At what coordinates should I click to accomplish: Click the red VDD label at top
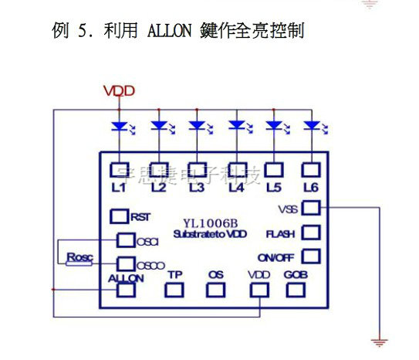tap(120, 91)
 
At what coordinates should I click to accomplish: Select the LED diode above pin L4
tap(236, 124)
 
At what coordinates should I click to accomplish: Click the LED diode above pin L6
tap(310, 124)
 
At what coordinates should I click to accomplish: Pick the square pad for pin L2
tap(158, 169)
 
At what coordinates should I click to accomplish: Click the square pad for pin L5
tap(272, 169)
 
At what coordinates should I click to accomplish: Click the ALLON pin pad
tap(125, 290)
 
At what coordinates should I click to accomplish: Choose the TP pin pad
tap(175, 290)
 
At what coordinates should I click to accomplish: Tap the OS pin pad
tap(215, 290)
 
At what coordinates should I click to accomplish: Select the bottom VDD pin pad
tap(258, 290)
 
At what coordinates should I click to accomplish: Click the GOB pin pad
tap(296, 290)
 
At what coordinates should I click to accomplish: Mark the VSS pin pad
tap(310, 208)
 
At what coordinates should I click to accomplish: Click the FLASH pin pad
tap(310, 232)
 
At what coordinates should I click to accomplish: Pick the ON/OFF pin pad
tap(310, 256)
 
